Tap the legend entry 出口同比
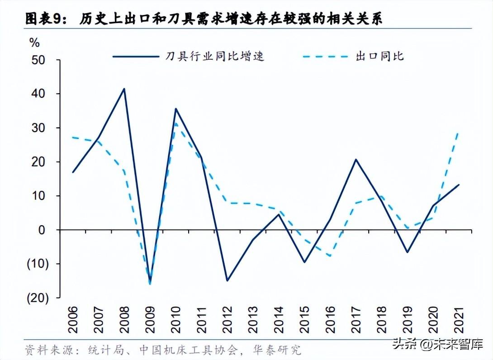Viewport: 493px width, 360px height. click(x=379, y=57)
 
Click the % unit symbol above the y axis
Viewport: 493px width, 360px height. click(x=34, y=43)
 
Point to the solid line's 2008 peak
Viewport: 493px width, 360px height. click(x=124, y=89)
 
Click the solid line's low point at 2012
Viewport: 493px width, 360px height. click(x=227, y=281)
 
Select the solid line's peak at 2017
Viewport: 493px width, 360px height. click(x=356, y=159)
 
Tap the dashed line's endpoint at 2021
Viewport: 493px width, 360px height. click(x=459, y=132)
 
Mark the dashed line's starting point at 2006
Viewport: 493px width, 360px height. click(x=73, y=137)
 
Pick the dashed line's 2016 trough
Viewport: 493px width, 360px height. click(x=330, y=256)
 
